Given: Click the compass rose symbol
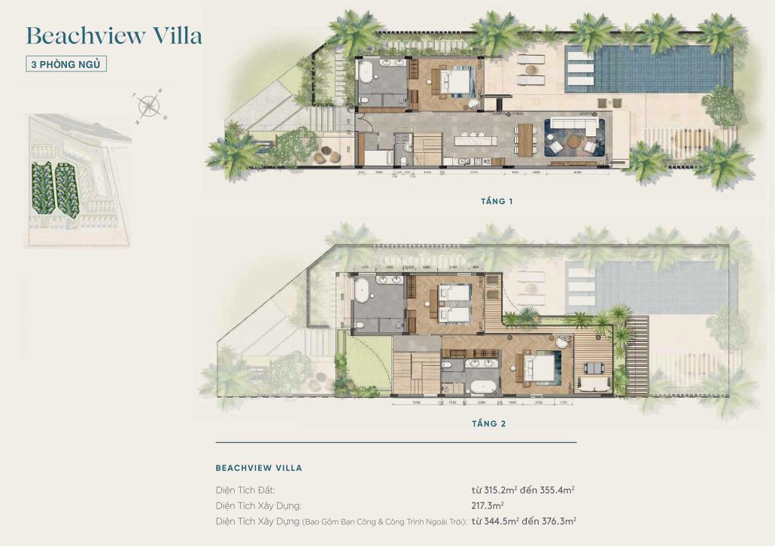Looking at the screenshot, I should (x=150, y=106).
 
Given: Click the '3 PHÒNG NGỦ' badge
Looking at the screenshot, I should (x=66, y=64).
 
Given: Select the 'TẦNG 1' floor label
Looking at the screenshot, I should (x=497, y=201).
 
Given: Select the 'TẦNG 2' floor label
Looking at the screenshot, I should (x=488, y=423).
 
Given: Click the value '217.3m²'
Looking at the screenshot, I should (x=488, y=505).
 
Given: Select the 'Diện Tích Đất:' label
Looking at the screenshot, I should (x=245, y=490).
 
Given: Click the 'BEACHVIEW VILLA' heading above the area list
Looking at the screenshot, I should (x=259, y=468).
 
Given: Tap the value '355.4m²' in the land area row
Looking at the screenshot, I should (x=557, y=490).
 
